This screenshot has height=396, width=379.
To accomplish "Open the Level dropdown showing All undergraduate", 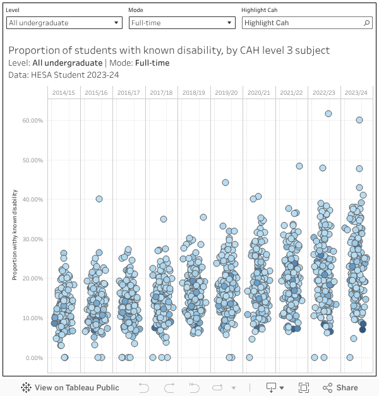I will coord(64,23).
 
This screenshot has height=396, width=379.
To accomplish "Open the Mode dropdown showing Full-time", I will coord(182,23).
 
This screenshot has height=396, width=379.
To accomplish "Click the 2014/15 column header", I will coord(63,93).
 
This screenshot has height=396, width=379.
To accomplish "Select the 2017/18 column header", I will coord(161,93).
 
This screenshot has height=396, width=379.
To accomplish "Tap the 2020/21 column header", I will coord(259,93).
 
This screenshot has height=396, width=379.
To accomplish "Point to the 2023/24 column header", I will coord(356,93).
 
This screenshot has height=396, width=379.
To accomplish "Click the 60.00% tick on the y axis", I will coord(32,120).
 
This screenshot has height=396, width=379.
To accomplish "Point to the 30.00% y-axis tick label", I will coord(32,239).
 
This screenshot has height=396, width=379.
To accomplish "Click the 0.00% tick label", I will coord(33,357).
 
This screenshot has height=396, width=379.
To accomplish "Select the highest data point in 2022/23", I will coord(328,114).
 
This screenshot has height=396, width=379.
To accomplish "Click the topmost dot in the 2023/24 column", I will coord(359,120).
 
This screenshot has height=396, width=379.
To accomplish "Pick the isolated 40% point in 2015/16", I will coord(99,198).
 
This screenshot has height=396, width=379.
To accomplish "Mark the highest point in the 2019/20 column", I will coord(226,183).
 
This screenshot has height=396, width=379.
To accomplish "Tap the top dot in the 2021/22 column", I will coord(299,166).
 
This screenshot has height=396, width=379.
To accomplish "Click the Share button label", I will coord(347,388).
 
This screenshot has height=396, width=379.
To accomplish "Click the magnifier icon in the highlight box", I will coord(367,23).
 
